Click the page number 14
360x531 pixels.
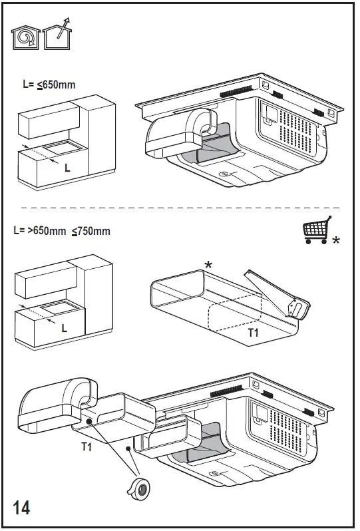pyautogui.click(x=21, y=508)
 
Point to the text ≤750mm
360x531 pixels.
pyautogui.click(x=91, y=232)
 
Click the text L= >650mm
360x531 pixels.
pyautogui.click(x=40, y=232)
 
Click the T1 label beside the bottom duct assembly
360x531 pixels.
pyautogui.click(x=87, y=446)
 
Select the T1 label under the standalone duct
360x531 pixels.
pyautogui.click(x=254, y=332)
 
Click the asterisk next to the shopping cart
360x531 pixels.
pyautogui.click(x=336, y=240)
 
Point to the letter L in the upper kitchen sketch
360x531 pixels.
pyautogui.click(x=67, y=169)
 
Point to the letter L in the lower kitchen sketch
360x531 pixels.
pyautogui.click(x=65, y=328)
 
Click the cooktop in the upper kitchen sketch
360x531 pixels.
pyautogui.click(x=60, y=147)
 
